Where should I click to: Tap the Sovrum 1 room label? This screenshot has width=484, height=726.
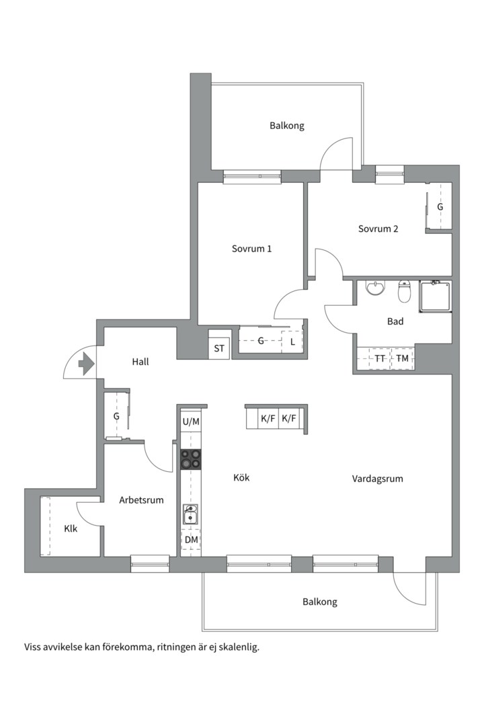[251, 249]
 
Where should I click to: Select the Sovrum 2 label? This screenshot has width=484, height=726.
[378, 229]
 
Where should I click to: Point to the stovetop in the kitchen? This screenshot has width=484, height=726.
[191, 459]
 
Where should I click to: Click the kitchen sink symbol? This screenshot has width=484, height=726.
[190, 515]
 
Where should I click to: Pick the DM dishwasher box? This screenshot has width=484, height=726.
[191, 540]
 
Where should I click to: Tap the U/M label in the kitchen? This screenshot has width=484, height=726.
[191, 421]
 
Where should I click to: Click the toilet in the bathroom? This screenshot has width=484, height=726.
[404, 291]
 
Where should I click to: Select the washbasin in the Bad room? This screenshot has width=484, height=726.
[375, 288]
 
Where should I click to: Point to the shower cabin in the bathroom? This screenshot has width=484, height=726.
[435, 296]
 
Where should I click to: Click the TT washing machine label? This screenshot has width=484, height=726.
[380, 358]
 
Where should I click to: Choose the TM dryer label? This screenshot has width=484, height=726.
[403, 358]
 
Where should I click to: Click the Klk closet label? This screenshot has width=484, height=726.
[71, 528]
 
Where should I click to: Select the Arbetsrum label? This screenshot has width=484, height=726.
[141, 500]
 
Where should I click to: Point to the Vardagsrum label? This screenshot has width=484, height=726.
[378, 479]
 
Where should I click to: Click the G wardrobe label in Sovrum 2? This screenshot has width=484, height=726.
[440, 207]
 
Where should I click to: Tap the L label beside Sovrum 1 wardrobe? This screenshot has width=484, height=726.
[292, 343]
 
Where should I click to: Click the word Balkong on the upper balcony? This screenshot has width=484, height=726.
[287, 126]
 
